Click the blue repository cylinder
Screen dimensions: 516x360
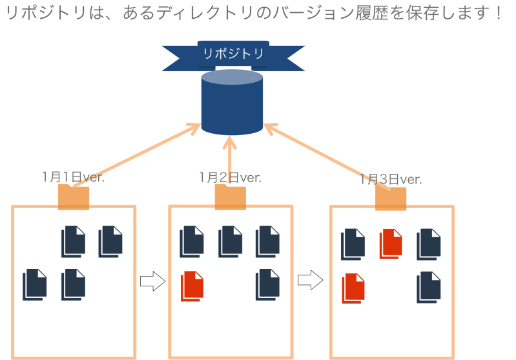232,102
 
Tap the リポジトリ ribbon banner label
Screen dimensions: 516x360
233,54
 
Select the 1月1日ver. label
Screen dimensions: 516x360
73,177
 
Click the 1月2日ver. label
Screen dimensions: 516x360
230,178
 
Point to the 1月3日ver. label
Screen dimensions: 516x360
391,179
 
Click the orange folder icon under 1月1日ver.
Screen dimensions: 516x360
74,197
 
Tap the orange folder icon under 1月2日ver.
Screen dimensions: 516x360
231,197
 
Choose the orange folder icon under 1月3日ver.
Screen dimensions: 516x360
391,198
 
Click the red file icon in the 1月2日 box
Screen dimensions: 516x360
192,286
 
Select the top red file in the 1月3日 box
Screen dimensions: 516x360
391,244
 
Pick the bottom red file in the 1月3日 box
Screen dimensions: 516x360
353,288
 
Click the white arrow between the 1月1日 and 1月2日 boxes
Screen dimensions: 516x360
152,281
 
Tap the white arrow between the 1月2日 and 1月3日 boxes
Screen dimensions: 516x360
311,281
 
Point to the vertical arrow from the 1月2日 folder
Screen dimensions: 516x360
230,160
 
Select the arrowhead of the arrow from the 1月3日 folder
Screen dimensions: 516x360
270,128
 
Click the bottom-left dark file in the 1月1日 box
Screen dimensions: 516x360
35,284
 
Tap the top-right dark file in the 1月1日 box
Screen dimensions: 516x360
110,242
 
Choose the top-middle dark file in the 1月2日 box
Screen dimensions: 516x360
231,242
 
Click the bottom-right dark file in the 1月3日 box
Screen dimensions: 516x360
429,287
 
